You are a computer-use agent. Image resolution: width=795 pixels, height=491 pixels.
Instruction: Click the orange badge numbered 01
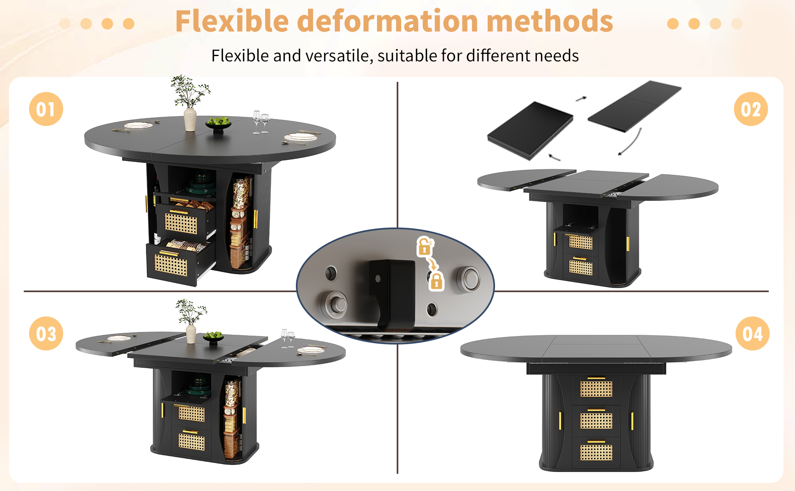click(x=46, y=109)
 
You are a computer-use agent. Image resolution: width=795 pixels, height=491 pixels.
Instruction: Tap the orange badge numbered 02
click(x=751, y=109)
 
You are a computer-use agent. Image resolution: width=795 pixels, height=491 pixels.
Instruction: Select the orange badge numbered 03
click(x=46, y=333)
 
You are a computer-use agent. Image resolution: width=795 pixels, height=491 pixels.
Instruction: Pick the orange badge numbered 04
click(x=752, y=333)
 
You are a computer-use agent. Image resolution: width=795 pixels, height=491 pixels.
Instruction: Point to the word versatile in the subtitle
click(x=339, y=56)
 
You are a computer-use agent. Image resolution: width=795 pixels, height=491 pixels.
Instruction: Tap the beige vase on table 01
click(x=190, y=119)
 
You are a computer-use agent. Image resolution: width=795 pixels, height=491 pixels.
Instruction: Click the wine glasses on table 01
click(x=261, y=122)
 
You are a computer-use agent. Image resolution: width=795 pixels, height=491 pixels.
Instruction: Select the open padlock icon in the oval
click(x=425, y=246)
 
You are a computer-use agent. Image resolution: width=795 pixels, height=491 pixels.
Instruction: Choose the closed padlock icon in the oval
click(x=436, y=281)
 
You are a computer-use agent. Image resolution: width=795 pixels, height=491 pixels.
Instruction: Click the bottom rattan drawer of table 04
click(x=596, y=451)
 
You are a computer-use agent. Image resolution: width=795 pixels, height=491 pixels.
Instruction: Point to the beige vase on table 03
click(x=191, y=334)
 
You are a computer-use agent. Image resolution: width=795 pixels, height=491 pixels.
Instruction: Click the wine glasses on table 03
click(x=288, y=338)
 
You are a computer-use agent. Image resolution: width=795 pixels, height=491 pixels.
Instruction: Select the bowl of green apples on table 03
click(x=214, y=338)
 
